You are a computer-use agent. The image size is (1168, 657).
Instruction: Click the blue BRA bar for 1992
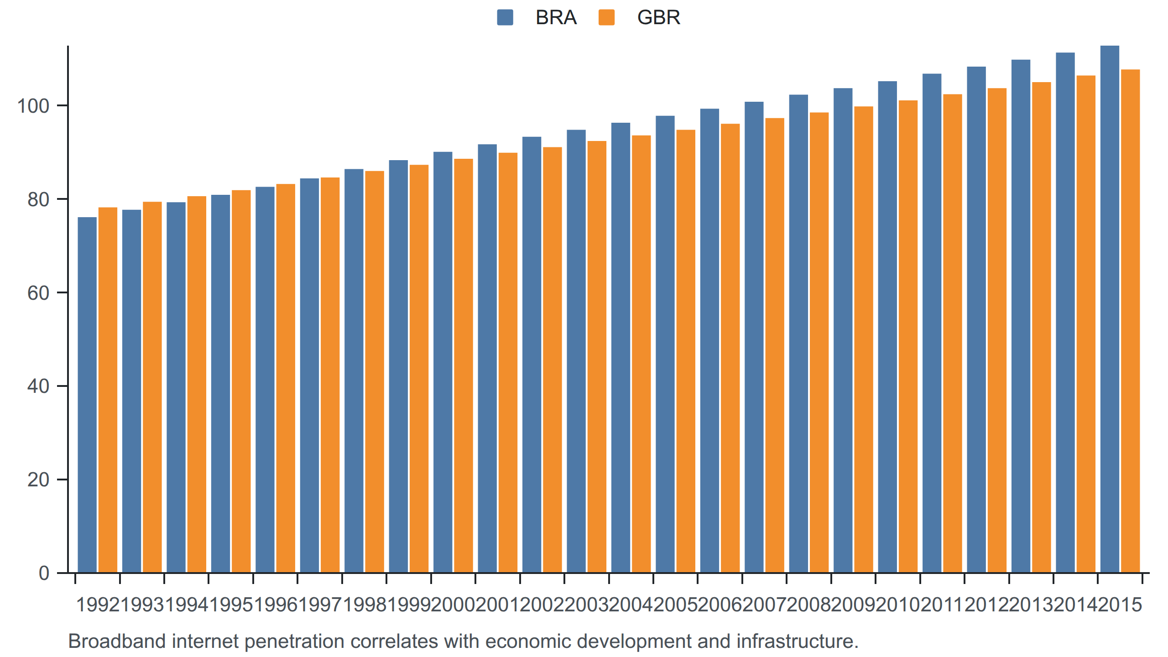87,395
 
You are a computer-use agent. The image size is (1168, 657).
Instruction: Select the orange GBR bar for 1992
108,390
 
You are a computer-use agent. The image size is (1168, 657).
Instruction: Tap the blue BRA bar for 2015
1110,309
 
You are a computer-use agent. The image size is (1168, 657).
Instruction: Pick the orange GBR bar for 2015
1130,321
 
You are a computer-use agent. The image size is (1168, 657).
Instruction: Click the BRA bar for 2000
443,362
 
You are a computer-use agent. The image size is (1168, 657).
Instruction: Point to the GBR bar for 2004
641,354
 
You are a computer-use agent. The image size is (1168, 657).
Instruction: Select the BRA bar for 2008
798,334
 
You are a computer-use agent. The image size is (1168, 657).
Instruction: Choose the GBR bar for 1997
330,375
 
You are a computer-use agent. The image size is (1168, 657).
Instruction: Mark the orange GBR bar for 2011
952,334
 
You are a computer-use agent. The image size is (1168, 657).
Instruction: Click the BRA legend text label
556,17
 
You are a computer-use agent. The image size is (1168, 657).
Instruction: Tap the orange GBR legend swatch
606,17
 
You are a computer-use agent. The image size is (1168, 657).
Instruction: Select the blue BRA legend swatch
505,17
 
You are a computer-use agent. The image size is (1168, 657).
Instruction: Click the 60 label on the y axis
38,293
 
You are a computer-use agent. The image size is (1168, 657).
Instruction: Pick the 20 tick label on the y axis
38,480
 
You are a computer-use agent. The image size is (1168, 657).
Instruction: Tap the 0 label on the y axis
44,573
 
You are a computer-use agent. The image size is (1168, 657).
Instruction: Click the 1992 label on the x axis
98,605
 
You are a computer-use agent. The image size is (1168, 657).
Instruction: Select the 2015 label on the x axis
1120,605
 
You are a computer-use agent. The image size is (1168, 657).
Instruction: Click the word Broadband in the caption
117,641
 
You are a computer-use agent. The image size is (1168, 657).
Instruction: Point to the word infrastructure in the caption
797,641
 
